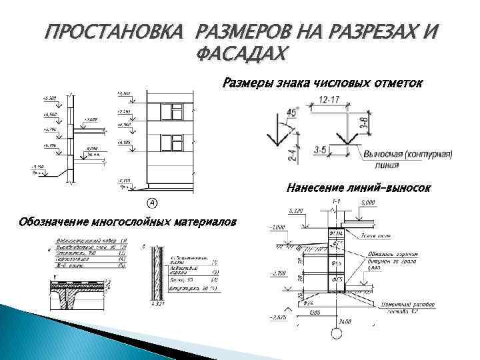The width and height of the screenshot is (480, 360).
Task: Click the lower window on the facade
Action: pos(175,142)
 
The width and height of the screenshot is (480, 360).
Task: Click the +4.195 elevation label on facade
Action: pos(124,143)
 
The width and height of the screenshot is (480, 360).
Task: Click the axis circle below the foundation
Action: pos(339,331)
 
